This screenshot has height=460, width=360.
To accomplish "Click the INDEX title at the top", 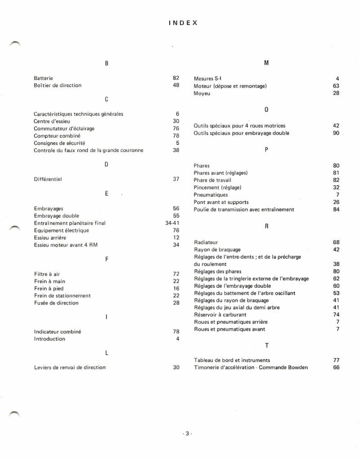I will pos(183,22).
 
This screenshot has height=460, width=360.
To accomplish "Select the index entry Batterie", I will pos(44,78).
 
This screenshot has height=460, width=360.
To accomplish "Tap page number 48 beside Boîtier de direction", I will pos(176,85).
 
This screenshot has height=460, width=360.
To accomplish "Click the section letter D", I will pos(106,164).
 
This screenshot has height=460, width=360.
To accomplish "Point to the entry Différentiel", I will pos(48,179).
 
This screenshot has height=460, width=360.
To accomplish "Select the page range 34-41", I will pos(172,223).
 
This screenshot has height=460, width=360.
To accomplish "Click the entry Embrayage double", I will pos(56,216).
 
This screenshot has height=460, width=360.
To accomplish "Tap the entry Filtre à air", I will pos(47,274).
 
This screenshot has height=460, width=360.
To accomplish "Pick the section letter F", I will pos(106,259).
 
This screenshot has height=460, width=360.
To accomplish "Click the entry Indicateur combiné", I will pos(58,331).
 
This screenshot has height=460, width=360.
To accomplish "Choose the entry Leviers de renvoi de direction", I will pos(70,367).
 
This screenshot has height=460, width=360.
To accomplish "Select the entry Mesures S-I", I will pos(207,79).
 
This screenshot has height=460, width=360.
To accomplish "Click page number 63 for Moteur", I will pos(336,86).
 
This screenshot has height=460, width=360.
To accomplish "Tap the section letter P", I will pos(266,150).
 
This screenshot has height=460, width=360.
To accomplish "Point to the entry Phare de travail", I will pos(212,180).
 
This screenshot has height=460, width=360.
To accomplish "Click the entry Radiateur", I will pos(206,242).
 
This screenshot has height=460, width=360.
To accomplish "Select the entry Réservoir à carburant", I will pos(220,315).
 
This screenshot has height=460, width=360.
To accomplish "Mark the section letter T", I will pos(266,345).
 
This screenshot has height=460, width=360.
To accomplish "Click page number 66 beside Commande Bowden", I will pos(336,367).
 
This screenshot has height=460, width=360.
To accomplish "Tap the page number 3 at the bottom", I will pos(187,433).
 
